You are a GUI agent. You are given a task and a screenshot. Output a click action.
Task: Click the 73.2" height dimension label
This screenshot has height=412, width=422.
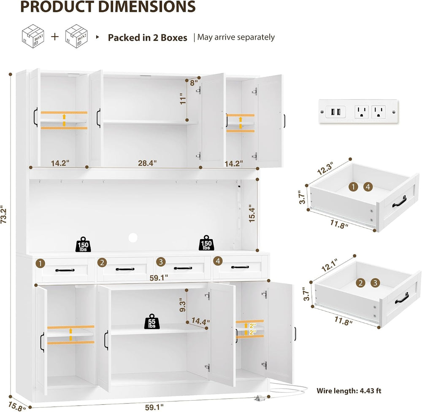coord(4,215)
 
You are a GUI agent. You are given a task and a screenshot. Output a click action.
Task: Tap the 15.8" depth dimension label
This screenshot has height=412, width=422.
coord(17,406)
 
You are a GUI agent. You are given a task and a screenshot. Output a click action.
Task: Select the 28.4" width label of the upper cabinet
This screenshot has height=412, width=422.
coord(147,163)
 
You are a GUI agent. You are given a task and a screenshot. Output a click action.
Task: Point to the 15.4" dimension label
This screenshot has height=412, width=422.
coord(252,213)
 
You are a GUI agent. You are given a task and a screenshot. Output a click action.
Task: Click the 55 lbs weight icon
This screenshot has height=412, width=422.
coord(152,321)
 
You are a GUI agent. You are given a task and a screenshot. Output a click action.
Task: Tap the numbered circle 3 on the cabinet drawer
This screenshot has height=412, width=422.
coord(161,262)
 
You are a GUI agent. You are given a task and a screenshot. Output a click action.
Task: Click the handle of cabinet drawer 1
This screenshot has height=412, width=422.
coord(65,270)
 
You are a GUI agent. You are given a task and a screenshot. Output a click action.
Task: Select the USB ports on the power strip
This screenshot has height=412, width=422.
coord(335,112)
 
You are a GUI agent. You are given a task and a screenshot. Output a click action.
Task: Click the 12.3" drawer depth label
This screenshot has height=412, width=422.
coord(325,168)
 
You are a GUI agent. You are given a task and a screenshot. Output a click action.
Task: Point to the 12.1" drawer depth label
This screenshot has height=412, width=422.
coord(330,265)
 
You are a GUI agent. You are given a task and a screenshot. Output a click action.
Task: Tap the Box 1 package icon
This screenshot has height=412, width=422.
coord(33,36)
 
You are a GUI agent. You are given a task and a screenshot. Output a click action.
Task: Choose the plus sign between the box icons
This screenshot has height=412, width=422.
coord(55,36)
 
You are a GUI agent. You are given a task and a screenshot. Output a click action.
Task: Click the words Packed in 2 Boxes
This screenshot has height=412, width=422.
coord(147,38)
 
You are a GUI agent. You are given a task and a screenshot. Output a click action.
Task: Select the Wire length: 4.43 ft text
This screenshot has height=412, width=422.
coord(349,391)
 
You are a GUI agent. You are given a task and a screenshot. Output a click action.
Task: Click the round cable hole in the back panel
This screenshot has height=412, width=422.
coord(133,237)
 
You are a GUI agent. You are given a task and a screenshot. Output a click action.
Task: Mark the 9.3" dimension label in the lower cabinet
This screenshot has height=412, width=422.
coord(183,305)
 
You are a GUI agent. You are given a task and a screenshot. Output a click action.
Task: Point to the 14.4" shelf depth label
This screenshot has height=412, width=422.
coord(200,321)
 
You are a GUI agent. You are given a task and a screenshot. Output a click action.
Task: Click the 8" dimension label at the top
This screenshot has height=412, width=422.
coord(194,83)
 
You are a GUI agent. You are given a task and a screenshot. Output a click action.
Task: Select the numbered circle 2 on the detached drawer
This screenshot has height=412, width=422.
coord(361,283)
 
